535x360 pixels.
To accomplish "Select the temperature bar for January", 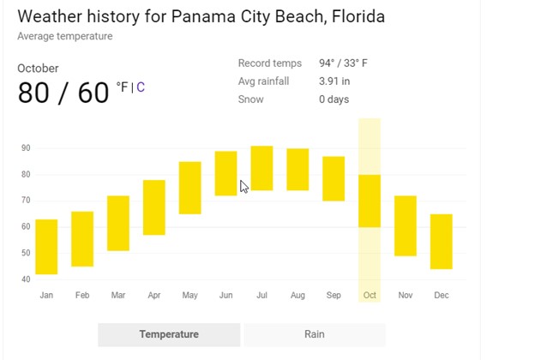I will click(x=46, y=247).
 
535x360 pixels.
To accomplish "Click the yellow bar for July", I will click(x=261, y=168).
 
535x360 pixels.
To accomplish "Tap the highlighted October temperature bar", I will click(x=370, y=201).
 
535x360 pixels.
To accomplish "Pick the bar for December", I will click(x=441, y=242).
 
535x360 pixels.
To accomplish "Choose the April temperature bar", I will click(x=154, y=207).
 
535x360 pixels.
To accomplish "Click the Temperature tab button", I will click(x=169, y=334).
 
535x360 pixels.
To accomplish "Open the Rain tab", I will click(x=314, y=334).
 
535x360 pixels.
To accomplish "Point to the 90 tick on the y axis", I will click(x=27, y=148).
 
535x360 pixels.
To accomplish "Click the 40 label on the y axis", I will click(x=27, y=279).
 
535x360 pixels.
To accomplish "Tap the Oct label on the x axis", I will click(x=370, y=296).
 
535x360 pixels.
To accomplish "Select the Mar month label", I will click(x=118, y=296).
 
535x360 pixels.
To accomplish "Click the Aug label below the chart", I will click(x=298, y=296).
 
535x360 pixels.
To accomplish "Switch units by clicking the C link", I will click(x=141, y=87).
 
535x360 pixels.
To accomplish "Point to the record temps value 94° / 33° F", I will click(x=343, y=63).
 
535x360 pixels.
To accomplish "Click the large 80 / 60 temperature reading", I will click(x=63, y=93).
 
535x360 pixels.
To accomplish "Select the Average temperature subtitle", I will click(x=64, y=36).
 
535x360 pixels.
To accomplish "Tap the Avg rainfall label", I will click(x=264, y=81).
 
